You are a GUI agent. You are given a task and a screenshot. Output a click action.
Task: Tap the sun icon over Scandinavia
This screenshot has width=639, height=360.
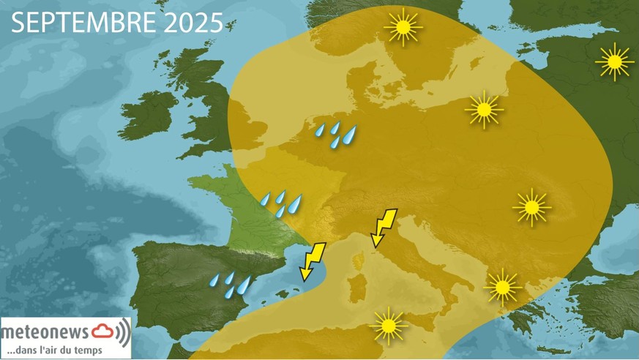pyautogui.click(x=403, y=29)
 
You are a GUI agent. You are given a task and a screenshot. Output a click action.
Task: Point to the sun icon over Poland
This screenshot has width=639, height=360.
pyautogui.click(x=483, y=111)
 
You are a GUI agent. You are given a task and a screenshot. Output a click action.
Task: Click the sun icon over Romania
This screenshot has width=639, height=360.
pyautogui.click(x=531, y=208)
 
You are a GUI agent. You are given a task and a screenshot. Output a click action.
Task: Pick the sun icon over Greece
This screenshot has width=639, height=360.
pyautogui.click(x=502, y=288)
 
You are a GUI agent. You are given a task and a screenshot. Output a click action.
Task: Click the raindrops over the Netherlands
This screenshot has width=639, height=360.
pyautogui.click(x=336, y=135)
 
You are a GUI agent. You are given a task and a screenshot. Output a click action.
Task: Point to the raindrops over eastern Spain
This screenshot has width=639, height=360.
pyautogui.click(x=231, y=285)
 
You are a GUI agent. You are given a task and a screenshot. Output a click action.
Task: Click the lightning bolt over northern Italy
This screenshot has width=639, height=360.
pyautogui.click(x=384, y=228)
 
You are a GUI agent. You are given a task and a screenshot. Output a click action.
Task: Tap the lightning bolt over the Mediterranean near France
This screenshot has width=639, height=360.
pyautogui.click(x=313, y=261)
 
